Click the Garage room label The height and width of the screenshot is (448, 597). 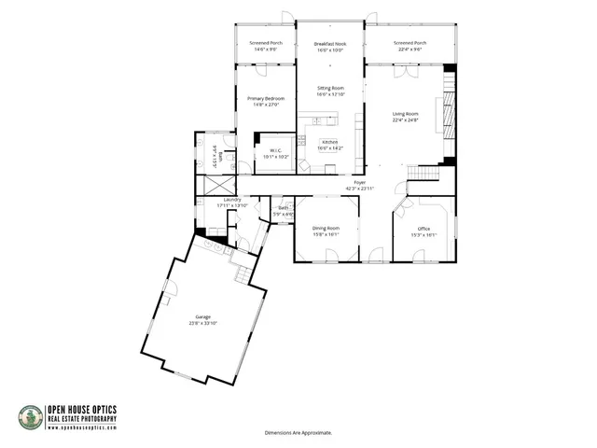[x=203, y=317]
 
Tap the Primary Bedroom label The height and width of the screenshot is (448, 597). [x=266, y=98]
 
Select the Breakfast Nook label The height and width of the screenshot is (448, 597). [x=330, y=44]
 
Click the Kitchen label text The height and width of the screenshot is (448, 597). [x=330, y=142]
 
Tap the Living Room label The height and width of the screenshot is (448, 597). [x=405, y=114]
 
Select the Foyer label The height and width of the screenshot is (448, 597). [x=359, y=182]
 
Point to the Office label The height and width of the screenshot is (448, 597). [x=423, y=229]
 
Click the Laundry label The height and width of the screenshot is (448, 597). [x=232, y=199]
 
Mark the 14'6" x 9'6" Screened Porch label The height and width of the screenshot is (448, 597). [x=266, y=43]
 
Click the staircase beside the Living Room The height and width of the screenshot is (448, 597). [x=424, y=173]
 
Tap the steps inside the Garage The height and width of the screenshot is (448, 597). [x=242, y=275]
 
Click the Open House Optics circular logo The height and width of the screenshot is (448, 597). [x=31, y=417]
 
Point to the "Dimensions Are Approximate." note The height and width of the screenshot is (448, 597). [x=298, y=433]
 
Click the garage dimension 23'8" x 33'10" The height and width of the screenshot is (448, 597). [x=203, y=323]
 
